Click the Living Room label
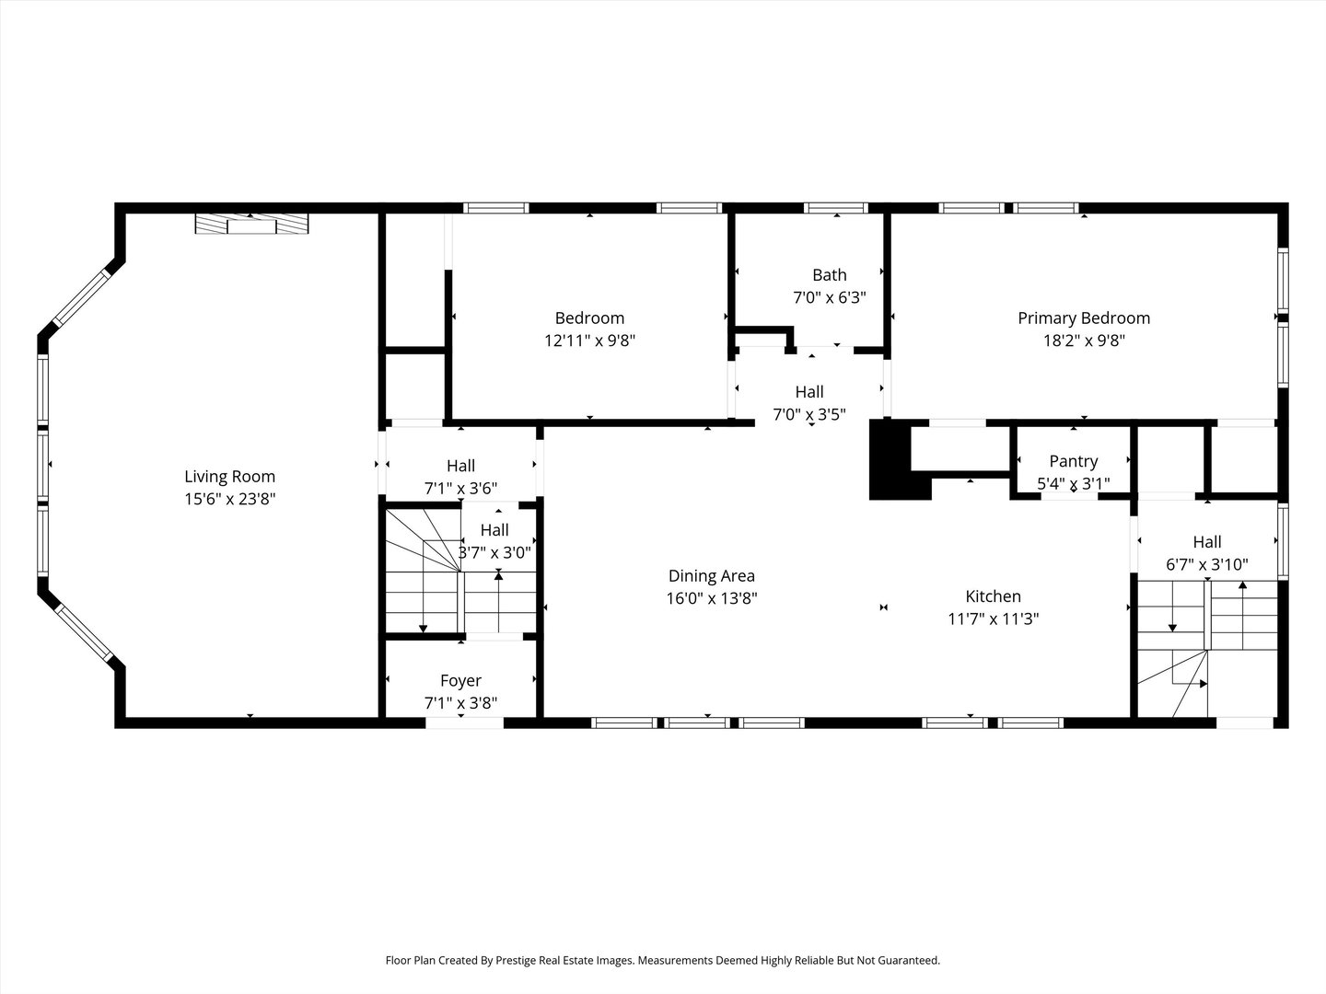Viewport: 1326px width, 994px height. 229,477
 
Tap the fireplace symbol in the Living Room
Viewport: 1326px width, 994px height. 250,225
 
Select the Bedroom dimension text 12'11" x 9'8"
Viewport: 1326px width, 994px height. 589,341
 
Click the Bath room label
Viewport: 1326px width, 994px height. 829,275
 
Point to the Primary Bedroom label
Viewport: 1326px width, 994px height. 1083,318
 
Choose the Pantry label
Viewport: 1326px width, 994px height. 1073,461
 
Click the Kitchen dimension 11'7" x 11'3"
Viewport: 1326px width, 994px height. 993,619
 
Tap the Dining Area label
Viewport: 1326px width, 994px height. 711,576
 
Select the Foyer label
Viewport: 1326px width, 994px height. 460,681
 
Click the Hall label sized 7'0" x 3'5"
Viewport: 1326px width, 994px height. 809,392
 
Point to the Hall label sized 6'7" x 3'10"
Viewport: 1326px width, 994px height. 1206,542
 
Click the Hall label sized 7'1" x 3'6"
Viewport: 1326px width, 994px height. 460,466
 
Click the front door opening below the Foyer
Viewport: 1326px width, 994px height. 464,722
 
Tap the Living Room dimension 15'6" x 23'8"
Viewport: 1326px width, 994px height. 229,499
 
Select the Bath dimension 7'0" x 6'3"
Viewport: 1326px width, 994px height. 829,297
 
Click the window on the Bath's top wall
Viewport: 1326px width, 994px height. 835,208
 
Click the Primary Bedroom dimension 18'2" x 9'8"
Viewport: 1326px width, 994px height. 1083,341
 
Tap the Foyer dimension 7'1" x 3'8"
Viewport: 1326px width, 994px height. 460,703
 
